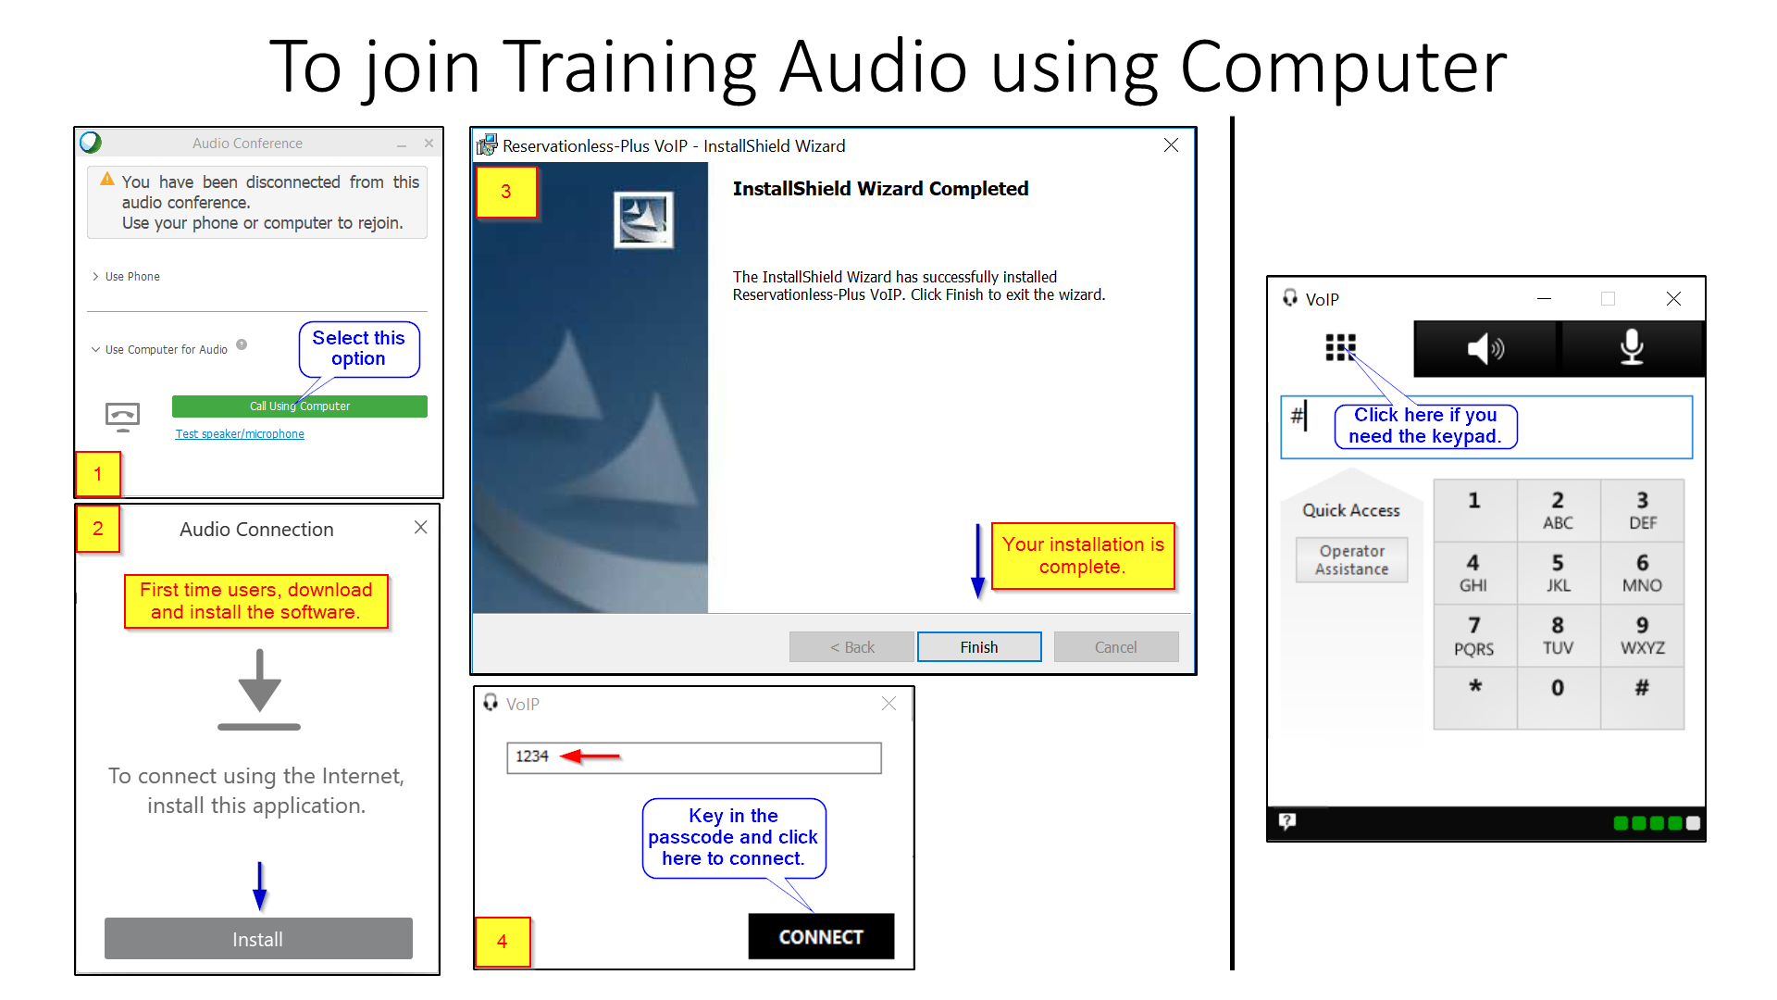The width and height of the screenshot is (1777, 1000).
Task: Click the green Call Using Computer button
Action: tap(299, 406)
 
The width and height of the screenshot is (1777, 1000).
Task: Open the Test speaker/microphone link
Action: tap(240, 434)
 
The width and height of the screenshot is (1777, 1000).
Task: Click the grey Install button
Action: tap(258, 939)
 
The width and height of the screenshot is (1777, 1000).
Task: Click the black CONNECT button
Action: tap(821, 937)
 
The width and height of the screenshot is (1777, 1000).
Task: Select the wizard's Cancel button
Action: tap(1115, 647)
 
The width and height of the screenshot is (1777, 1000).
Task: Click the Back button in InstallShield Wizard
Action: tap(851, 647)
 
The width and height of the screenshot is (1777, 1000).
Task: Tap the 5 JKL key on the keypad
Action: tap(1559, 573)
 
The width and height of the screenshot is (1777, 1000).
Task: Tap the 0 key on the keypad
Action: tap(1559, 688)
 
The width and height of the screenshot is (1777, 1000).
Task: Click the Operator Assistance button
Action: tap(1351, 560)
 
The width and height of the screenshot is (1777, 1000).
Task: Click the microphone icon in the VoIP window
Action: tap(1632, 348)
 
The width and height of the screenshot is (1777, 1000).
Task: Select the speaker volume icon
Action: tap(1485, 348)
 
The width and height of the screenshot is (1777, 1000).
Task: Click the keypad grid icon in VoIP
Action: tap(1340, 347)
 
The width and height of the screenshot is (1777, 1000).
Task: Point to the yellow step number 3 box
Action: tap(506, 192)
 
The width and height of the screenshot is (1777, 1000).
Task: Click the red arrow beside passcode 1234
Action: tap(590, 756)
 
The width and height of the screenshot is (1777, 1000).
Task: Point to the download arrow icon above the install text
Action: tap(259, 690)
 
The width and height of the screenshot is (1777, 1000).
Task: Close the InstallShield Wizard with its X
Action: tap(1171, 145)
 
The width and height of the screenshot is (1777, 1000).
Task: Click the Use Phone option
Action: tap(132, 277)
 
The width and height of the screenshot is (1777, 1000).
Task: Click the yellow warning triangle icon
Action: tap(107, 179)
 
